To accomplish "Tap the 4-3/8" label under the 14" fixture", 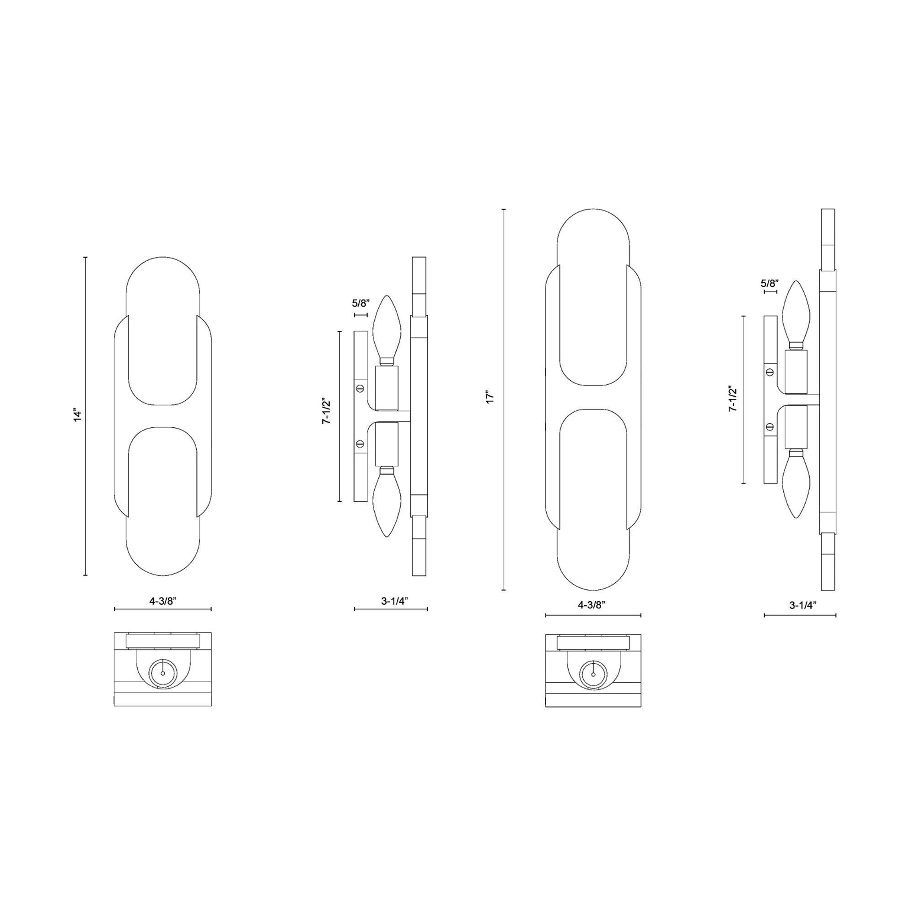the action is (163, 601).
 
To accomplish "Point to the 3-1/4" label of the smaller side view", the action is (394, 601).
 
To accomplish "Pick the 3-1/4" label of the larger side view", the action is (803, 605).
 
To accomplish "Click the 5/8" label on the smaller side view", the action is (361, 304).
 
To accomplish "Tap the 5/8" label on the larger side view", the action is (770, 284).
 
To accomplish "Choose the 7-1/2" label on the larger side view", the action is (733, 398).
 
